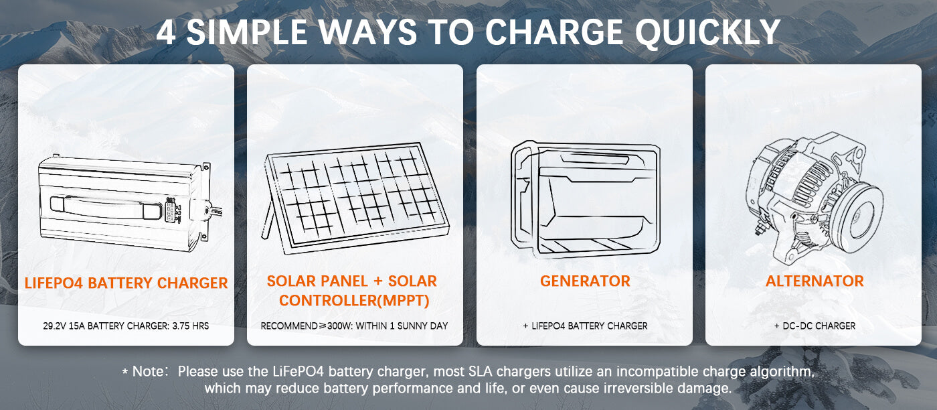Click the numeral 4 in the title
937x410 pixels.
coord(167,33)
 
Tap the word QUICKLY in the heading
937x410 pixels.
coord(707,33)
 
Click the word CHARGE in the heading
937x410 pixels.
coord(554,32)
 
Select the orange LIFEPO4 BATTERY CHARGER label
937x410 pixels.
coord(126,283)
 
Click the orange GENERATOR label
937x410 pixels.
coord(585,281)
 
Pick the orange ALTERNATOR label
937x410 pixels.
coord(815,281)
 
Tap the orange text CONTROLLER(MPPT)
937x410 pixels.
coord(354,300)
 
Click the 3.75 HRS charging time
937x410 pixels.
coord(190,326)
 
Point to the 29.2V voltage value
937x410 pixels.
coord(54,326)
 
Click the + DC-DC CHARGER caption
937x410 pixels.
coord(815,326)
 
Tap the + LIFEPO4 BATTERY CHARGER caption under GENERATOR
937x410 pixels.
coord(585,326)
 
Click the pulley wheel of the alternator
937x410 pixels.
coord(857,218)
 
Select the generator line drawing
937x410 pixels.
coord(585,200)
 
